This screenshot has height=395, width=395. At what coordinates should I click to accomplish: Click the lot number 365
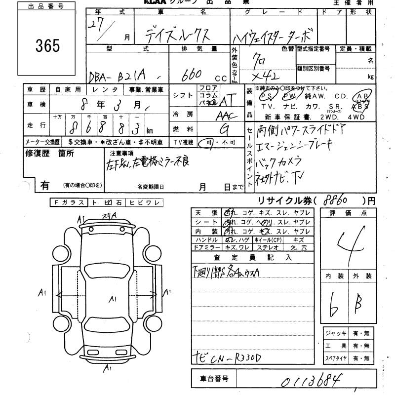[48, 45]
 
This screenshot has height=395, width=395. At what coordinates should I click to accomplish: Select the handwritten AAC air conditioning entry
[227, 116]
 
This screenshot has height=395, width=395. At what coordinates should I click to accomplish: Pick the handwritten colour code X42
[265, 76]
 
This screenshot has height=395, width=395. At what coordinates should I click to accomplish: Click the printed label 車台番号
[214, 379]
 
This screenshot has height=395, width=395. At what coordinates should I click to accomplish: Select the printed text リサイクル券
[280, 200]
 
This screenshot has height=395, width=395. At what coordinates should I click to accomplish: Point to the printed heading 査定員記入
[252, 257]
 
